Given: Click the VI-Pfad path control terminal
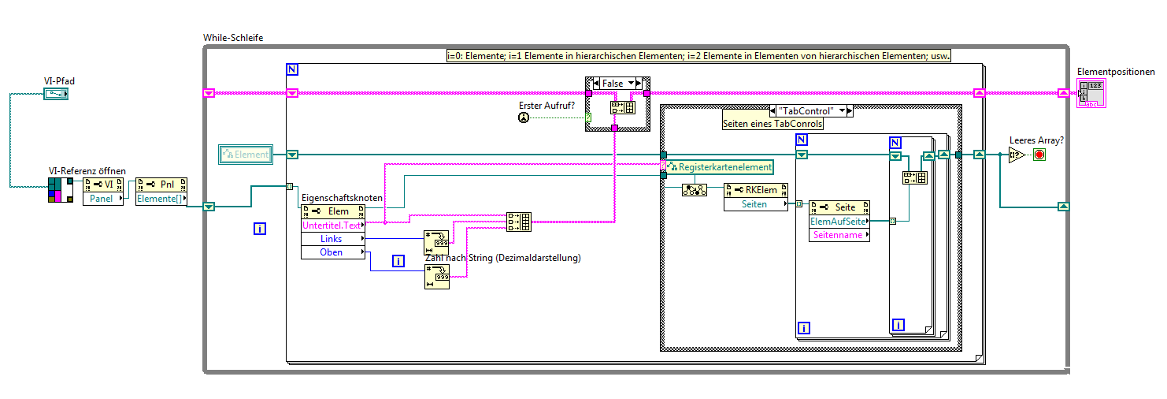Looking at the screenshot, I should [x=57, y=95].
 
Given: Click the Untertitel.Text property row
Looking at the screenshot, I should [x=332, y=225].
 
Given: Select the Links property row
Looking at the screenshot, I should [x=332, y=239].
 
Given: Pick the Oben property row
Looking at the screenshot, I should [x=332, y=252].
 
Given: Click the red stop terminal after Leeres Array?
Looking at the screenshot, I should [x=1039, y=155].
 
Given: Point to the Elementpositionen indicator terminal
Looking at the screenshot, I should [x=1091, y=93].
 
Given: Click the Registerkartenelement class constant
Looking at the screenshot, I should [x=719, y=167].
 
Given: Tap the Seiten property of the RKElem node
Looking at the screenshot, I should [x=757, y=204].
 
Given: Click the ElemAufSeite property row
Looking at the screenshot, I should [x=839, y=222].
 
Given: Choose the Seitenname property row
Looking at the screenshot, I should [x=839, y=235].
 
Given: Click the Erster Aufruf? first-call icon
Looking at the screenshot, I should [x=524, y=117].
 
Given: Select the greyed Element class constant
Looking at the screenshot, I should [x=246, y=155].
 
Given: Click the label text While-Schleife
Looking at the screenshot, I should [x=233, y=37].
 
